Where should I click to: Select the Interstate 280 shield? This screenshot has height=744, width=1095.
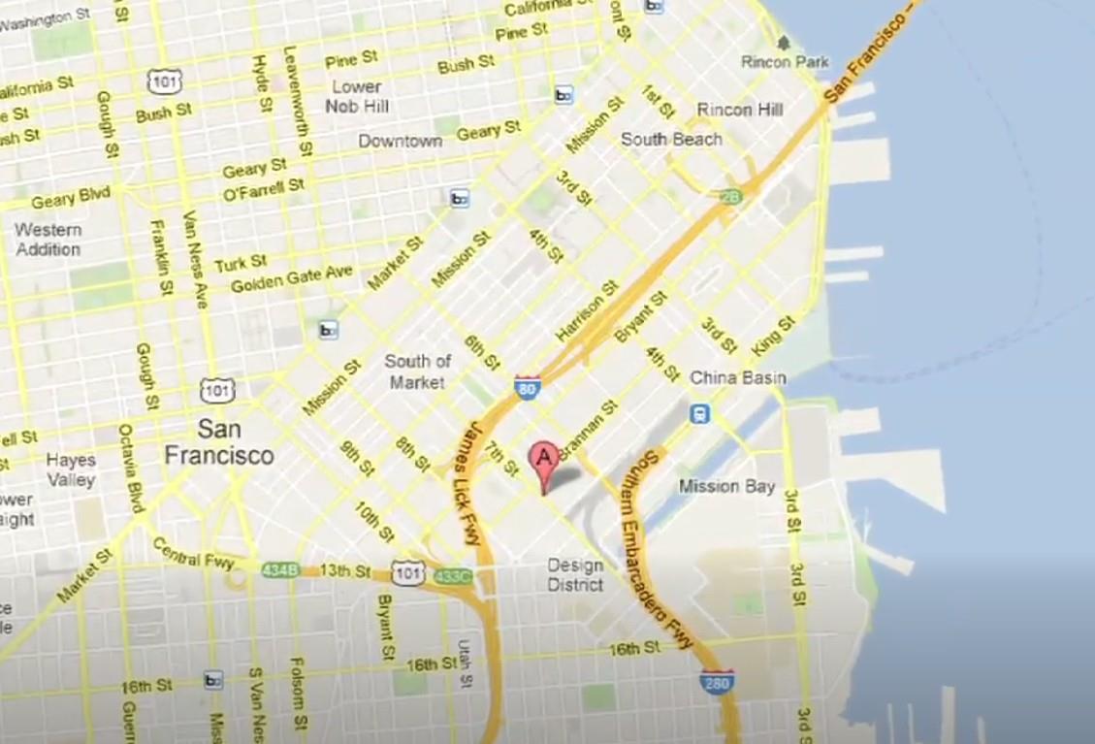pyautogui.click(x=717, y=681)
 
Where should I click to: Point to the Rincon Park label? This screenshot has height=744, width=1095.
pyautogui.click(x=786, y=61)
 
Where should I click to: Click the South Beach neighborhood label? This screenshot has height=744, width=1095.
pyautogui.click(x=671, y=139)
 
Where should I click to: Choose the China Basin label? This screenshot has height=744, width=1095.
pyautogui.click(x=737, y=377)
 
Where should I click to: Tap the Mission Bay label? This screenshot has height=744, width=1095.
pyautogui.click(x=726, y=486)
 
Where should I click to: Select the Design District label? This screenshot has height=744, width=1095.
pyautogui.click(x=575, y=575)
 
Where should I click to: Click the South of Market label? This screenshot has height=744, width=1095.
pyautogui.click(x=418, y=372)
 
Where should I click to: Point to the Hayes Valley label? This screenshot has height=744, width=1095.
pyautogui.click(x=71, y=469)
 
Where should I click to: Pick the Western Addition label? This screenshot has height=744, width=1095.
pyautogui.click(x=48, y=240)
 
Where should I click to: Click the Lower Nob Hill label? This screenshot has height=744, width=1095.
pyautogui.click(x=357, y=96)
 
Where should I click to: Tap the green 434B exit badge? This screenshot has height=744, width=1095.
pyautogui.click(x=279, y=570)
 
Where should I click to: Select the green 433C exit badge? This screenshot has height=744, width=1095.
pyautogui.click(x=452, y=576)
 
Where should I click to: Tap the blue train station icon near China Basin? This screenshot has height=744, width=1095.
pyautogui.click(x=699, y=414)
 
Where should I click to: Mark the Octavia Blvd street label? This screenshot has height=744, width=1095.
pyautogui.click(x=131, y=469)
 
